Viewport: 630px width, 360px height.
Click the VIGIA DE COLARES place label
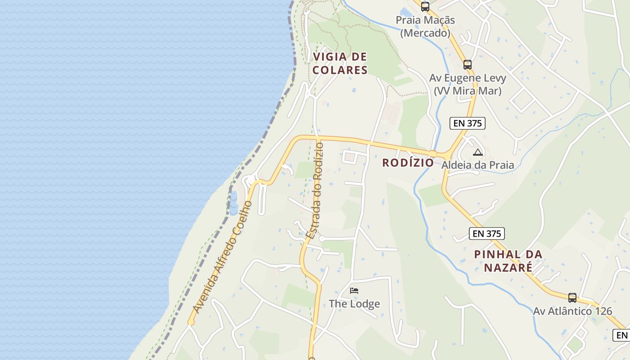pyautogui.click(x=340, y=63)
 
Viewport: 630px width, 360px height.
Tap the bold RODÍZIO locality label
pyautogui.click(x=408, y=163)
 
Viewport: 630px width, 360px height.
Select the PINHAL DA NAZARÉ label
pyautogui.click(x=508, y=261)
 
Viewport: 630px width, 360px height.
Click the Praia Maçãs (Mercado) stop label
pyautogui.click(x=425, y=27)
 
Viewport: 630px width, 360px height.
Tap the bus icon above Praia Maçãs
pyautogui.click(x=425, y=7)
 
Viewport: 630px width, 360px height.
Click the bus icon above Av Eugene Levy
pyautogui.click(x=468, y=64)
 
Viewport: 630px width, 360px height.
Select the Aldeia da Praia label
pyautogui.click(x=477, y=165)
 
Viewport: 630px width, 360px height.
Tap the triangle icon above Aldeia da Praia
pyautogui.click(x=477, y=153)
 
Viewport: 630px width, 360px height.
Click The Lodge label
pyautogui.click(x=354, y=304)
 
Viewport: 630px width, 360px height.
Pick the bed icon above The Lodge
pyautogui.click(x=354, y=291)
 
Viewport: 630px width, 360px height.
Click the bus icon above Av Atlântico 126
pyautogui.click(x=572, y=297)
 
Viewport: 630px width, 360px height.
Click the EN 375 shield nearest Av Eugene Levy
pyautogui.click(x=468, y=123)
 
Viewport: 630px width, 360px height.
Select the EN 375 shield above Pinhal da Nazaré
pyautogui.click(x=486, y=234)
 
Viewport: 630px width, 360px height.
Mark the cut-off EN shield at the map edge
pyautogui.click(x=621, y=335)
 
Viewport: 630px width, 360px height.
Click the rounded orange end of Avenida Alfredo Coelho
pyautogui.click(x=191, y=322)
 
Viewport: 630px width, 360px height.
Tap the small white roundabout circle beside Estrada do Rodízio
pyautogui.click(x=322, y=238)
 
